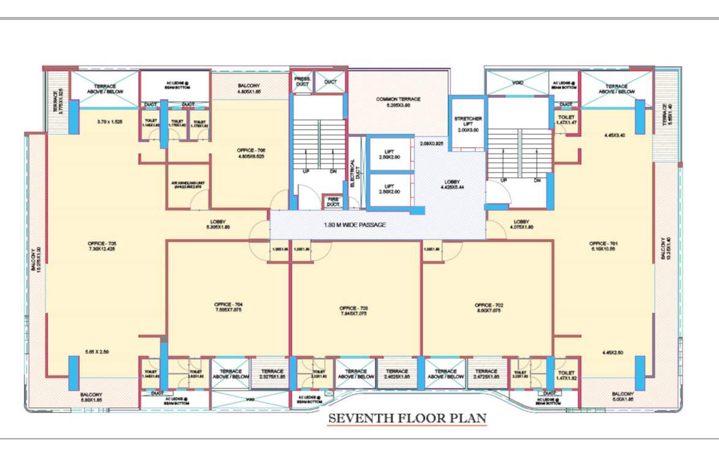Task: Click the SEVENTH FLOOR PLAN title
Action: (407, 419)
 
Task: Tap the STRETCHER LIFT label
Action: (468, 121)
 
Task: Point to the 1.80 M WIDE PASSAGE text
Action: (355, 225)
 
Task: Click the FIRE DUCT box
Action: (333, 201)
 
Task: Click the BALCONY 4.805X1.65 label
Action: (249, 89)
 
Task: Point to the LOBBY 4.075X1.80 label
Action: (522, 224)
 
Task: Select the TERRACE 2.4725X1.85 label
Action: (487, 375)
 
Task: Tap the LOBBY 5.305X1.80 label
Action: (218, 224)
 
